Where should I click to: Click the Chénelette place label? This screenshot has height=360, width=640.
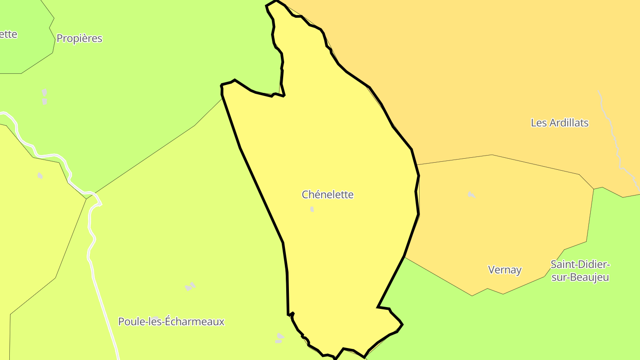(328, 195)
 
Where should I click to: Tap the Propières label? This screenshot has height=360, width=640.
(79, 39)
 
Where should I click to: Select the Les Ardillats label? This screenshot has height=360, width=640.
(560, 123)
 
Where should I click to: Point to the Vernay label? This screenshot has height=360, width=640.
(504, 270)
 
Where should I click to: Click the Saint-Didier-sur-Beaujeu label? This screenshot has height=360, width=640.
(580, 271)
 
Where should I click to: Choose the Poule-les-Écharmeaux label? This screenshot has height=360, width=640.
(171, 321)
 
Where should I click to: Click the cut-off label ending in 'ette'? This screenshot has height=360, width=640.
(8, 34)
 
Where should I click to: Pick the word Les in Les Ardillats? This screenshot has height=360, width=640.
(539, 123)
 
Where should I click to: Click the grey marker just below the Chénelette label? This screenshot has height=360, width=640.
(312, 209)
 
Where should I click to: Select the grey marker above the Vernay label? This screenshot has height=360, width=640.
(471, 194)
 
